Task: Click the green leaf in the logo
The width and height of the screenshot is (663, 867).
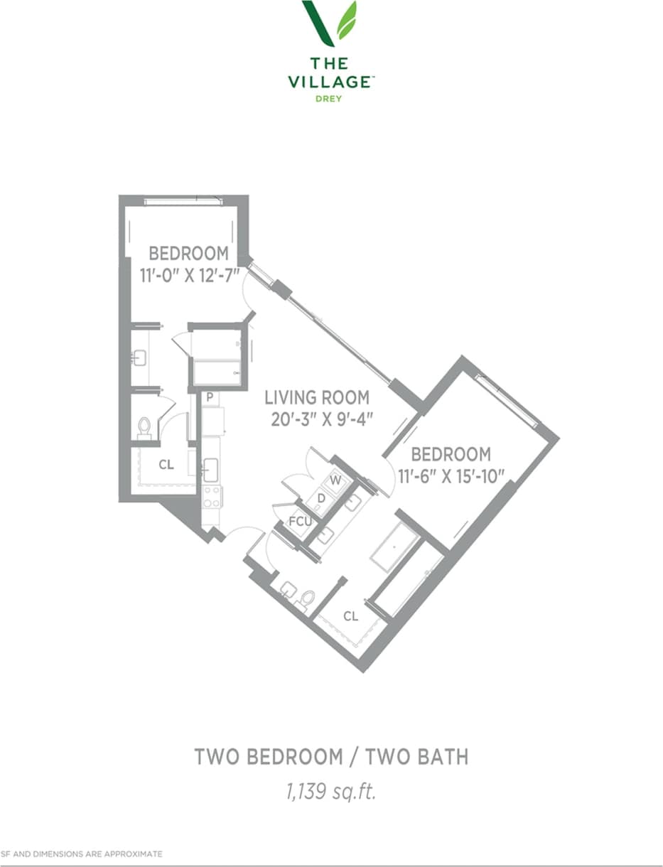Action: point(347,21)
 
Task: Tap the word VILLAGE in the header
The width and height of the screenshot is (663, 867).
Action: point(330,82)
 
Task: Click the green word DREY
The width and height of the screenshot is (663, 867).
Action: point(329,99)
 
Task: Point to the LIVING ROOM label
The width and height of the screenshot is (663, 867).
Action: point(317,397)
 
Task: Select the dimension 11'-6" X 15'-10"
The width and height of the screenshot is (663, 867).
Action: point(451,473)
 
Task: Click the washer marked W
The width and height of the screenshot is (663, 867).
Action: point(336,480)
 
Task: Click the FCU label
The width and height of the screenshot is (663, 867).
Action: point(299,522)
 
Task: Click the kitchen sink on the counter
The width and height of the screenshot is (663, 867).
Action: point(211,469)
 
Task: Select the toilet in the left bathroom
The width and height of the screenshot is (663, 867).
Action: point(144,428)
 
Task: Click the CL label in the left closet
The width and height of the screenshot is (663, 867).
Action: point(166,465)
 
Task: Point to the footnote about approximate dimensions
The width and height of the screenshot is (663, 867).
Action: point(82,853)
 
